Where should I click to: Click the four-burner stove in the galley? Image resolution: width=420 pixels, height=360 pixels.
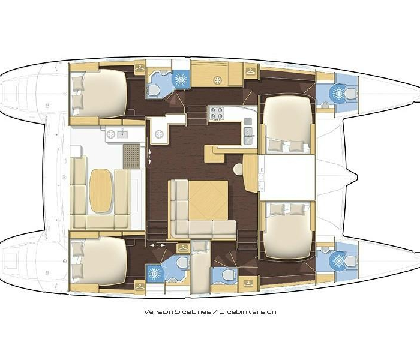217,113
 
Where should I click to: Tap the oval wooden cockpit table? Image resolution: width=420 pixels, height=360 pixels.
100,190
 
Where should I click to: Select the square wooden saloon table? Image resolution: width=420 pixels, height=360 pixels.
208,200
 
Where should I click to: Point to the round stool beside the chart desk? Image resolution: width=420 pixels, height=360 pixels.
238,170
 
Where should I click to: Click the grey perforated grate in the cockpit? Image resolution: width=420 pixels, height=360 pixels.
131,157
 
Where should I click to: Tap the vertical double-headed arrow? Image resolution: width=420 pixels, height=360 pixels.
149,157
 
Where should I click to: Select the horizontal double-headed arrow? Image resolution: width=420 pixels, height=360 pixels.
157,245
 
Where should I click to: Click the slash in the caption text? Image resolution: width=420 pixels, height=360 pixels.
215,312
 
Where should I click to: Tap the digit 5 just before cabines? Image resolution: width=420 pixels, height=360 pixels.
177,312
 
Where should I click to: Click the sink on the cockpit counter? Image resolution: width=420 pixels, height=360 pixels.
122,134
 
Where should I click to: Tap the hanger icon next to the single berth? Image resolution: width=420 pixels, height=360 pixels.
183,248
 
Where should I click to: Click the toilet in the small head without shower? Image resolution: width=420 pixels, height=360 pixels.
227,275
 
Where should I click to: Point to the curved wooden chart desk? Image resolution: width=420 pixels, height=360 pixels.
250,173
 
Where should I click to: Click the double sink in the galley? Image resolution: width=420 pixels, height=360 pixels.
249,136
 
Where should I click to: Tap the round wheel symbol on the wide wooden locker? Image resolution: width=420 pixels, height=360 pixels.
217,80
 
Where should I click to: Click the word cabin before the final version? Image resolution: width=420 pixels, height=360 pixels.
235,312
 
